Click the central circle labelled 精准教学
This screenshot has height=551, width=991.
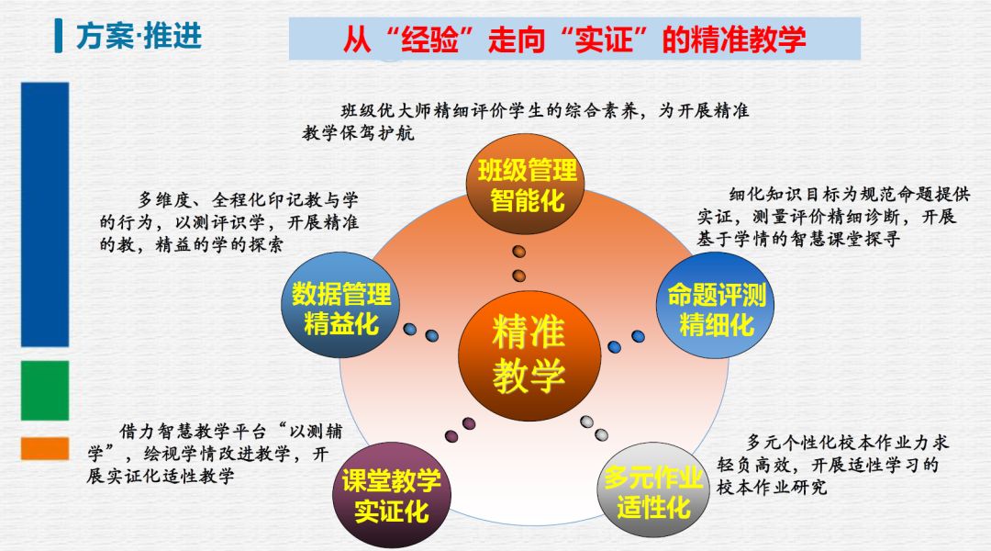(x=529, y=355)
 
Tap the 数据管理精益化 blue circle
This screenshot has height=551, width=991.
(x=340, y=305)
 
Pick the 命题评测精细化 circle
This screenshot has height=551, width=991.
(x=716, y=306)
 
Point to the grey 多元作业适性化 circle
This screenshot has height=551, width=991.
(x=654, y=491)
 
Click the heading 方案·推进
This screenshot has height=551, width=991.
(x=139, y=36)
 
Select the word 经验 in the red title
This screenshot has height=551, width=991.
(x=429, y=39)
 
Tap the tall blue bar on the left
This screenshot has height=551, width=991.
(x=45, y=215)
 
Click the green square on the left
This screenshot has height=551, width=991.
(x=45, y=390)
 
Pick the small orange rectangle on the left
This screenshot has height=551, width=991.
(x=45, y=448)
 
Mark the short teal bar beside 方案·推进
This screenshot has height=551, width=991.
(x=59, y=36)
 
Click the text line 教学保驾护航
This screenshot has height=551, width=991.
(x=359, y=133)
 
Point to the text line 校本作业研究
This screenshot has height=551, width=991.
(x=772, y=487)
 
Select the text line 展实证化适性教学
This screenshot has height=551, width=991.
(x=161, y=476)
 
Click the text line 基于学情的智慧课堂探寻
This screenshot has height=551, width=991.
(x=798, y=239)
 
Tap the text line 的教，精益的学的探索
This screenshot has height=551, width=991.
(x=192, y=245)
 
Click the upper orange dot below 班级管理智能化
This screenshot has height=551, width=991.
(x=518, y=252)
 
